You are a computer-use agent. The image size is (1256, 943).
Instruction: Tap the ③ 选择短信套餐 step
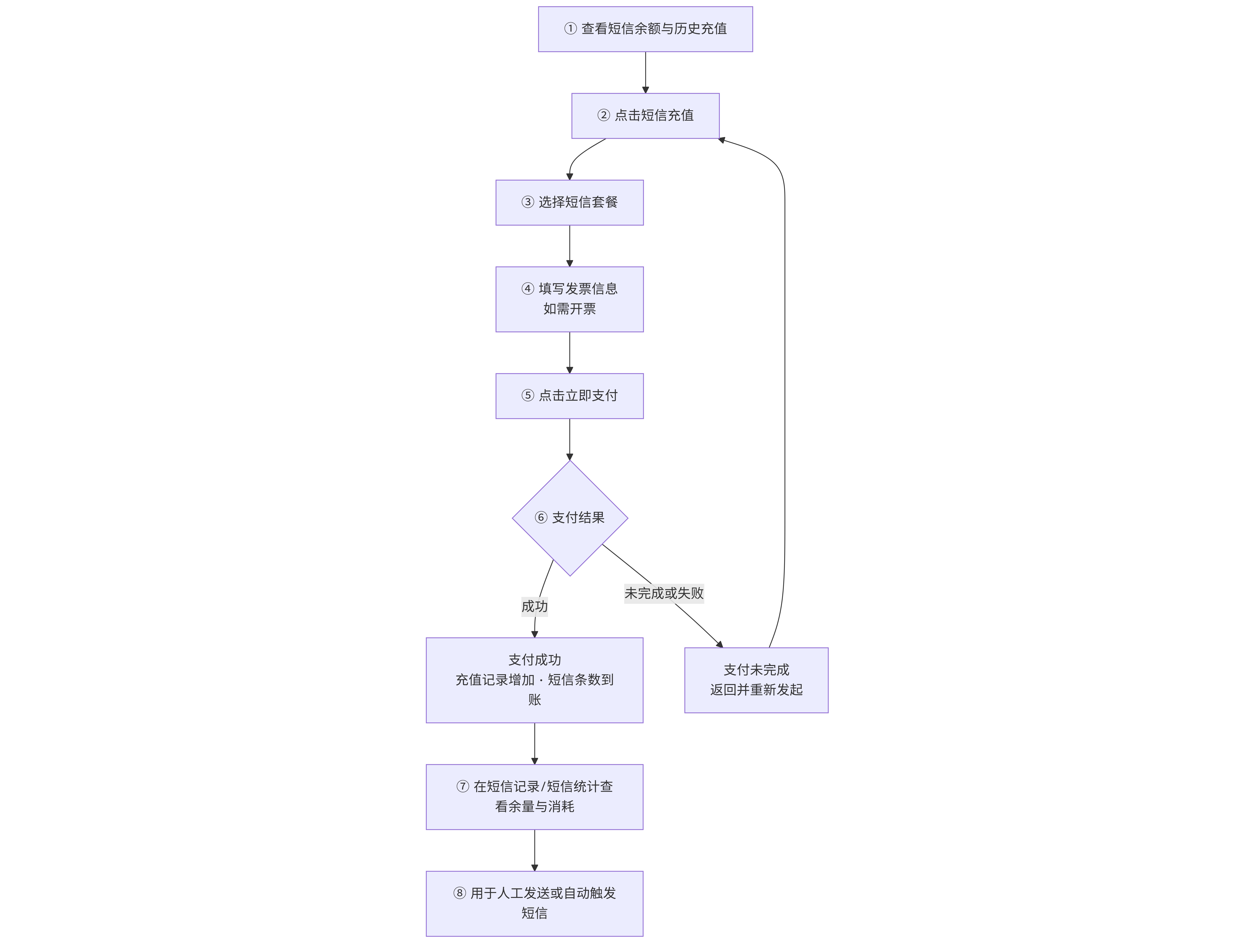[569, 203]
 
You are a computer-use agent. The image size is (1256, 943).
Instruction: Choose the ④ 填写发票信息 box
[569, 299]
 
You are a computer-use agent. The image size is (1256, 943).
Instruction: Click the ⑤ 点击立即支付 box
[569, 396]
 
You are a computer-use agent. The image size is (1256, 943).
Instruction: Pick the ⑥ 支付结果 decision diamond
[569, 518]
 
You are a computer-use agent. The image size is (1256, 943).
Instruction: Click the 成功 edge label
[534, 606]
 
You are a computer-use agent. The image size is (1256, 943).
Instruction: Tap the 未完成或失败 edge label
[664, 593]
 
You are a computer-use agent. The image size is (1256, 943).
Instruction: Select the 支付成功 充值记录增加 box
[534, 680]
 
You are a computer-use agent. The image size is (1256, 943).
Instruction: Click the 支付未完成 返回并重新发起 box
[756, 680]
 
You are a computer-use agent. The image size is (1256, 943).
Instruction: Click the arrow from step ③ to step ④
[569, 246]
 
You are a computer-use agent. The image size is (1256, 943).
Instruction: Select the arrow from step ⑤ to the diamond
[569, 439]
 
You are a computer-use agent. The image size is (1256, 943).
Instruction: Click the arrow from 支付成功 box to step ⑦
[534, 744]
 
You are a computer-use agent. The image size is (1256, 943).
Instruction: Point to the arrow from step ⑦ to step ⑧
[534, 850]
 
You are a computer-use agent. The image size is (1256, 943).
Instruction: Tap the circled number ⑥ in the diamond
[541, 518]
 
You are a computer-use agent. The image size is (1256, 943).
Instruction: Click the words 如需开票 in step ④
[569, 309]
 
